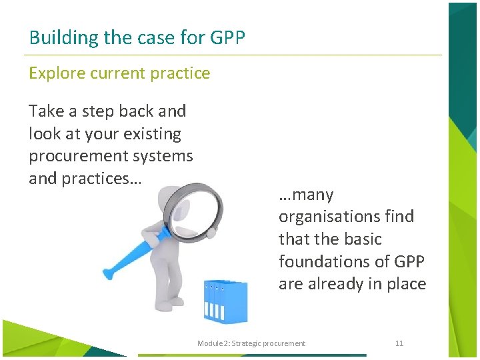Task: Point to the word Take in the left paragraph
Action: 45,111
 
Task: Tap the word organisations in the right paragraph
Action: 346,217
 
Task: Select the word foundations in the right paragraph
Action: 326,261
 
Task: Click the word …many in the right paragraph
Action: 306,195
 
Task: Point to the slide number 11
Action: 399,343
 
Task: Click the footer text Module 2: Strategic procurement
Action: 251,343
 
